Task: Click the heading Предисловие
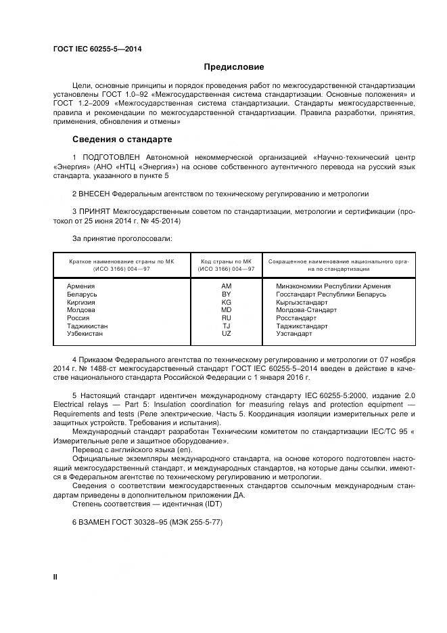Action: pyautogui.click(x=234, y=67)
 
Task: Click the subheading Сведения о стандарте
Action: pyautogui.click(x=122, y=139)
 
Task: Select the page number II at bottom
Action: pyautogui.click(x=55, y=576)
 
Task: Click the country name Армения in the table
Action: pyautogui.click(x=80, y=286)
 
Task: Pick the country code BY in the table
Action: pyautogui.click(x=226, y=294)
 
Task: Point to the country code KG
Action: pyautogui.click(x=226, y=302)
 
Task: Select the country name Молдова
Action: pyautogui.click(x=81, y=310)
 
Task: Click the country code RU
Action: pyautogui.click(x=226, y=318)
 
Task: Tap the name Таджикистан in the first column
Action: pyautogui.click(x=87, y=326)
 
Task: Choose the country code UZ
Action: pyautogui.click(x=226, y=334)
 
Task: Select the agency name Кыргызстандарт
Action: pyautogui.click(x=302, y=302)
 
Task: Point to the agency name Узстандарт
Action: pyautogui.click(x=294, y=334)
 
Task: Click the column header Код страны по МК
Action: pyautogui.click(x=226, y=261)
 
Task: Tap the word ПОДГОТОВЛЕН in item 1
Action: pyautogui.click(x=110, y=157)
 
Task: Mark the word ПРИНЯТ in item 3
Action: pyautogui.click(x=96, y=212)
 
